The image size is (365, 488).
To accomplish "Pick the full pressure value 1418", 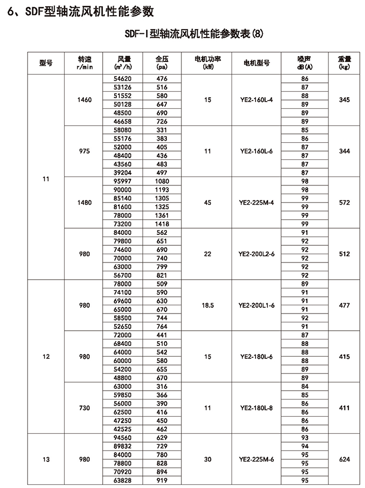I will point(162,223).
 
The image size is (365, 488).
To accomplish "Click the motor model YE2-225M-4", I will point(256,202).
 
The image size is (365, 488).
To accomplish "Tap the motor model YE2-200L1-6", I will point(256,305).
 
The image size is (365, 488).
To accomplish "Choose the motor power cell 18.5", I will point(208,305).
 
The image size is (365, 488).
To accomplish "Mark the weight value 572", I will point(344,202).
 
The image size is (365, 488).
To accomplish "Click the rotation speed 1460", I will point(85,99).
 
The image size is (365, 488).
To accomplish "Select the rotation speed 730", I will point(85,408).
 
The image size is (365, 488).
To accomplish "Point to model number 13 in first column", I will point(45,459).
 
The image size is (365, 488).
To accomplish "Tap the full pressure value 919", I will point(162,480).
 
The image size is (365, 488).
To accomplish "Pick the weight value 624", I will point(344,459).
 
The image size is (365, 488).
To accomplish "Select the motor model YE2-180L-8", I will point(256,408).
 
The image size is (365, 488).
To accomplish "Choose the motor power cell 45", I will point(208,202).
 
